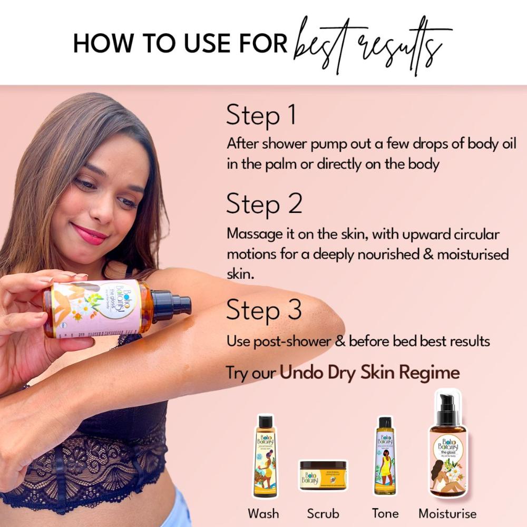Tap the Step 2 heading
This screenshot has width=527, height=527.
click(x=264, y=204)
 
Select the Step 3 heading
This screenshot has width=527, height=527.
click(x=264, y=311)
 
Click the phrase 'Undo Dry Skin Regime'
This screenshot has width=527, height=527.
click(x=369, y=373)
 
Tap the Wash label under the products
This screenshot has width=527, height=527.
click(x=263, y=513)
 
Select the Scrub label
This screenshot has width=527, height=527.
click(x=323, y=513)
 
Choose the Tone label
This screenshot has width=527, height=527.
click(x=385, y=513)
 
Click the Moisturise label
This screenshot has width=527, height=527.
click(x=447, y=513)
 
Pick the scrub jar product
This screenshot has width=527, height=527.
click(x=323, y=475)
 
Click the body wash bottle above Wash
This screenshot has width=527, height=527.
click(x=265, y=456)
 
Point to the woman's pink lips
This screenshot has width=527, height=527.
click(x=89, y=233)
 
